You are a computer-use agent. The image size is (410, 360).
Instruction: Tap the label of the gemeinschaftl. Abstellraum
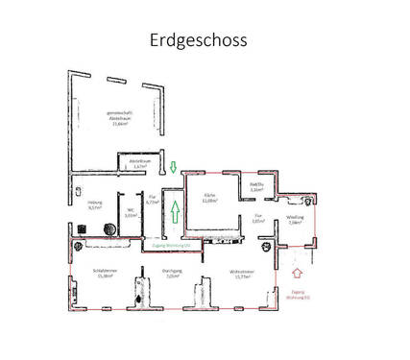tap(119, 119)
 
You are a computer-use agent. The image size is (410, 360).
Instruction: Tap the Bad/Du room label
tap(255, 187)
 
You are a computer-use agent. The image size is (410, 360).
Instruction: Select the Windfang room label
tap(295, 220)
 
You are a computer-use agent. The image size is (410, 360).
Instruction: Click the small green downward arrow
tap(173, 168)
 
